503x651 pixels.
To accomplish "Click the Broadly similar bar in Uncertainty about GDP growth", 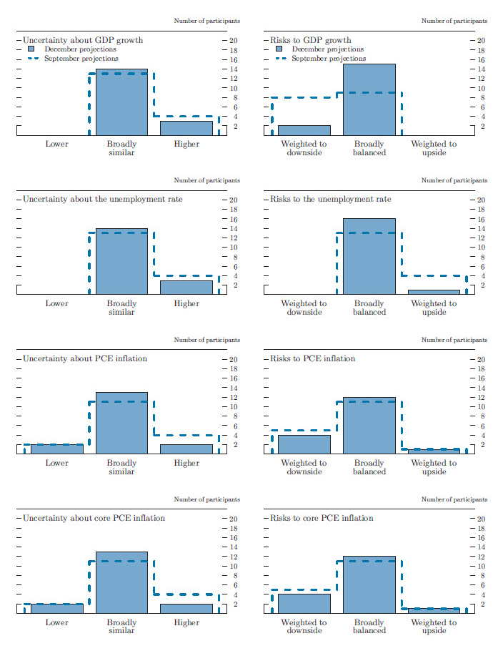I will pos(121,102).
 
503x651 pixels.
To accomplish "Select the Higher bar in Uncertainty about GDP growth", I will pos(186,127).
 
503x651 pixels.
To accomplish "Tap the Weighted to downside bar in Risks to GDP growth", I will pos(304,129).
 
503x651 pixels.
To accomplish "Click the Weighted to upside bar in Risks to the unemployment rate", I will pos(434,292).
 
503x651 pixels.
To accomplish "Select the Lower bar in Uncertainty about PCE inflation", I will pos(56,449).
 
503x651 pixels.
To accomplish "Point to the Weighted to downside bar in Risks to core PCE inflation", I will pos(304,603).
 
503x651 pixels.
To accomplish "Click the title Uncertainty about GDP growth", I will pos(83,40).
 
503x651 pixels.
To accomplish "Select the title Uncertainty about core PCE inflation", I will pos(94,518).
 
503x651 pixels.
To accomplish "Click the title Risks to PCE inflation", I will pos(312,358).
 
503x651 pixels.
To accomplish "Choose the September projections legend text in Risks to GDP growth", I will pos(328,59).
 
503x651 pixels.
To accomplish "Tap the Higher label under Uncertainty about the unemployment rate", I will pos(186,303).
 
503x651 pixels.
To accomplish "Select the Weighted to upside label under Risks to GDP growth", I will pos(434,148).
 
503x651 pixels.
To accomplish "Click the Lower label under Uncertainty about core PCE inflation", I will pos(56,622).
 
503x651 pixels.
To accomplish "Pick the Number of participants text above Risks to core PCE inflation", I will pos(454,500).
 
